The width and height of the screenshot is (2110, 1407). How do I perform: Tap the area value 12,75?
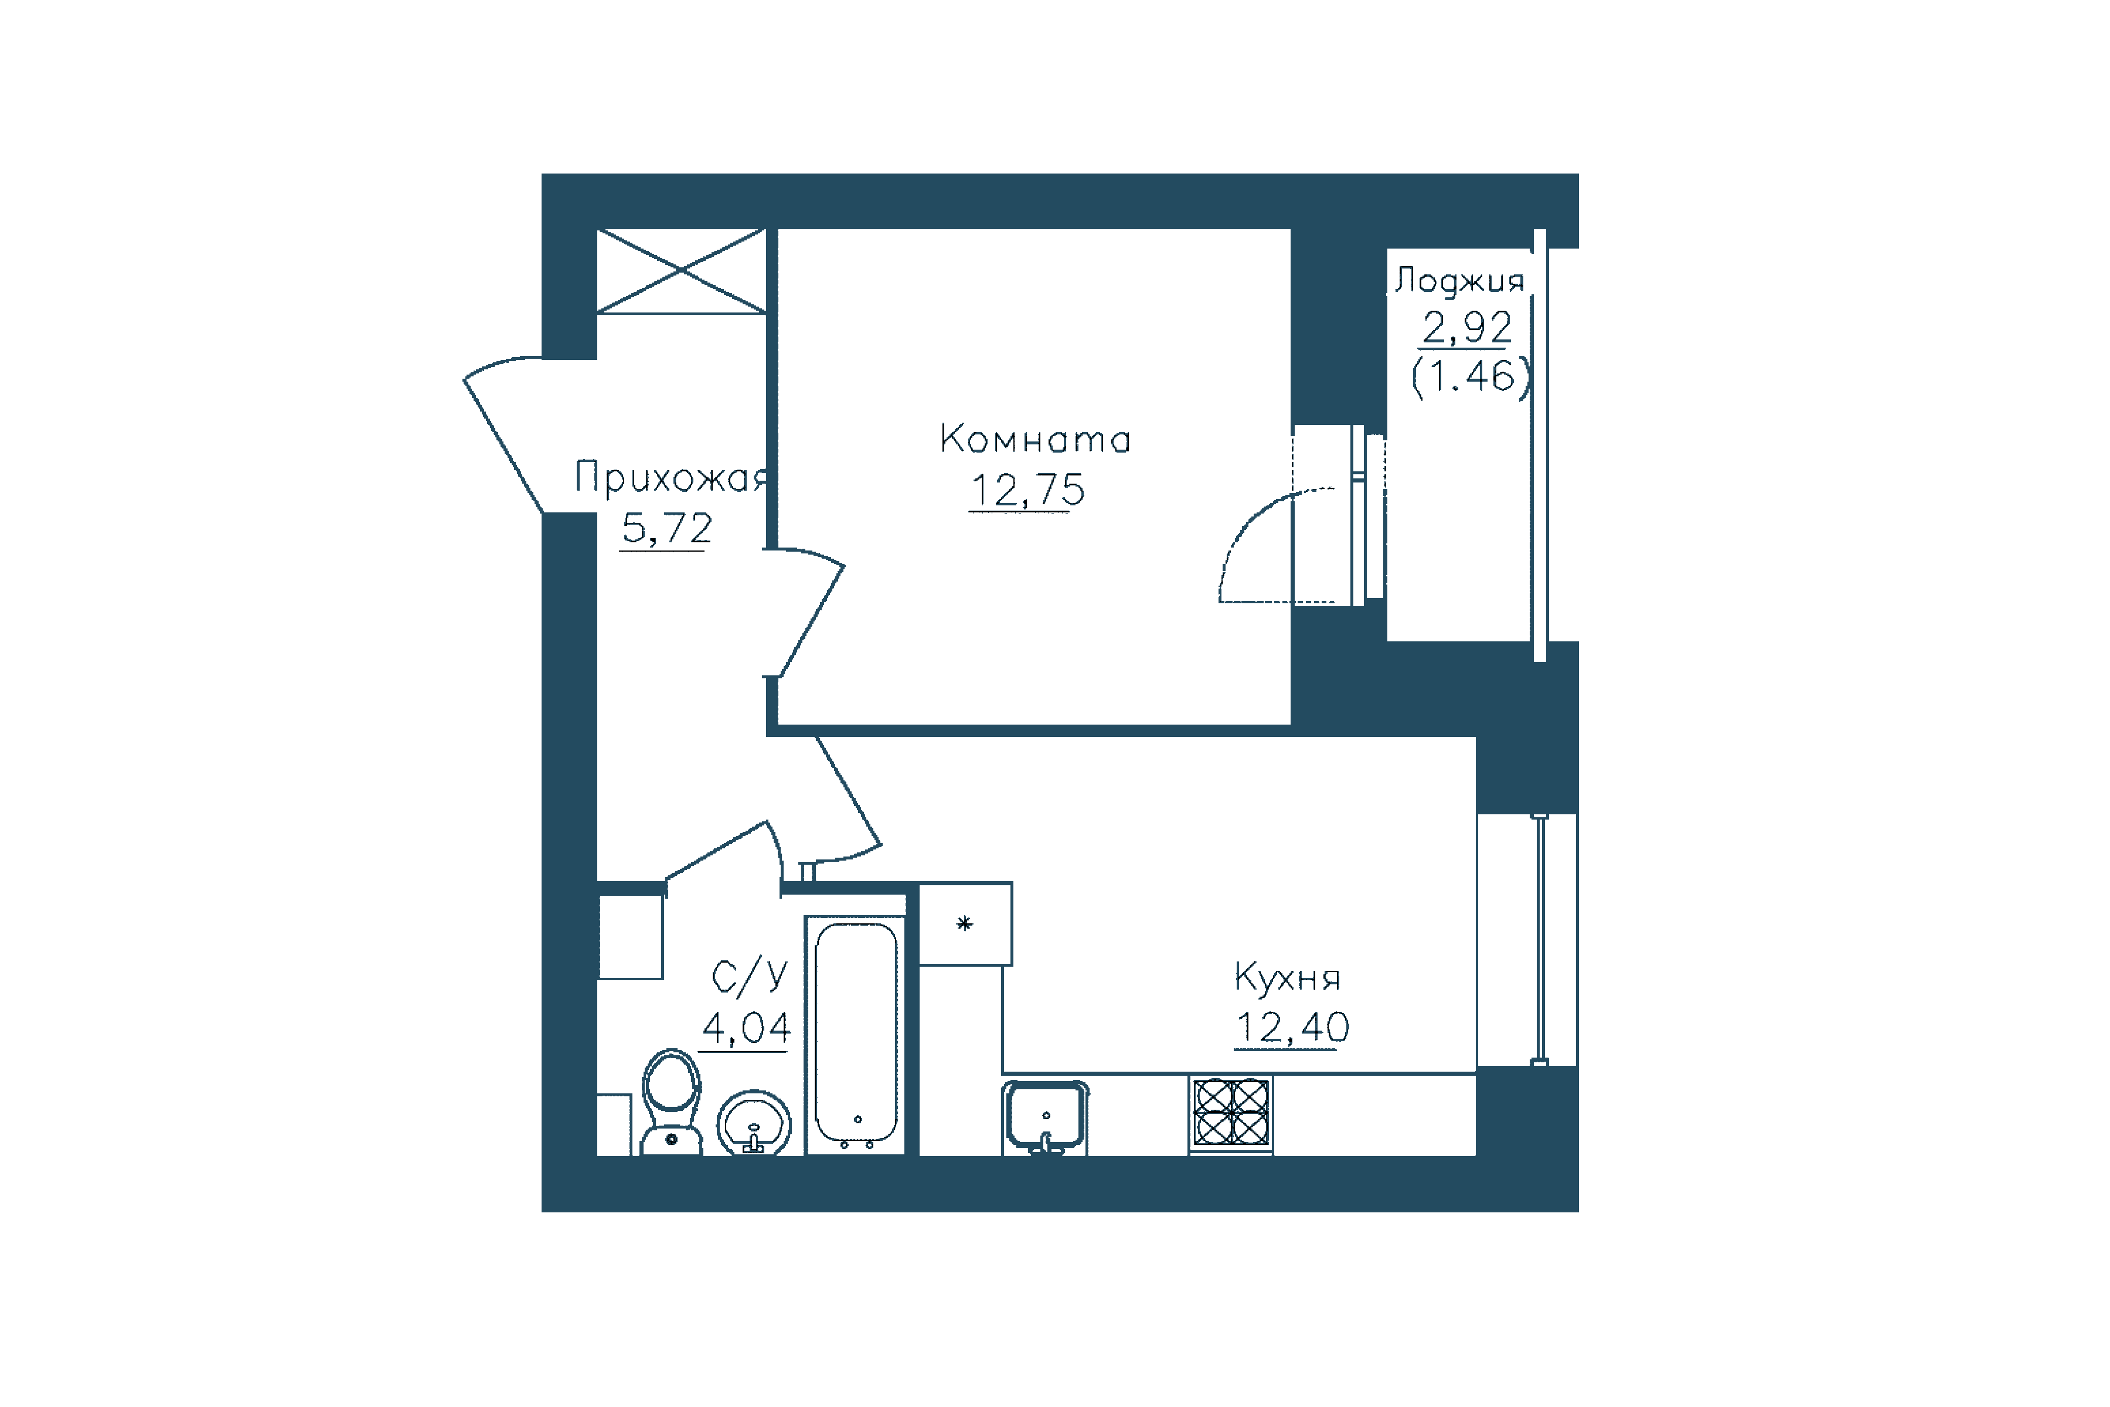point(1027,490)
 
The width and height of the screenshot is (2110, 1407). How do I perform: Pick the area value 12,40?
point(1292,1028)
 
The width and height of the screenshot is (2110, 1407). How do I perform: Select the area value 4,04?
point(746,1028)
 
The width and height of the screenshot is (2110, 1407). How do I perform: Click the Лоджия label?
point(1459,281)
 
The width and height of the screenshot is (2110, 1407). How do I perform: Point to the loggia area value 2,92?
point(1467,328)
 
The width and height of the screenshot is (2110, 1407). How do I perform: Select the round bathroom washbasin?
point(754,1123)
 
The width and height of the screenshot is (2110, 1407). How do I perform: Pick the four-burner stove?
point(1231,1113)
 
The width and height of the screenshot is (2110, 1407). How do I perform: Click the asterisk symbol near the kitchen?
point(964,923)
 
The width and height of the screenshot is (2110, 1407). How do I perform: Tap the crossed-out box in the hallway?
point(682,271)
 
